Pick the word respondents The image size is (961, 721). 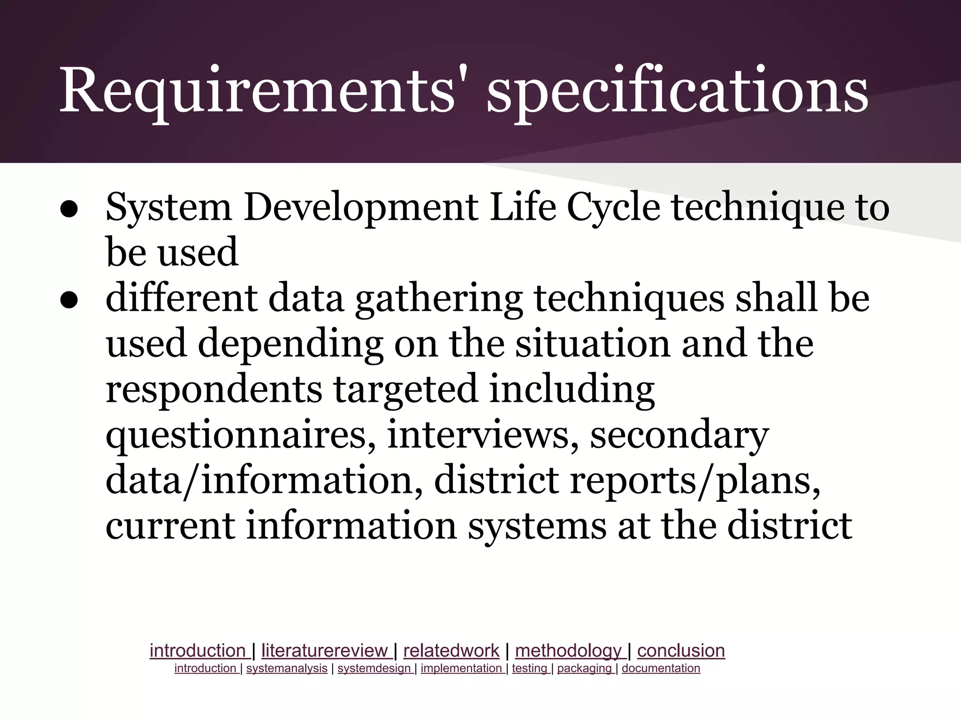(x=214, y=390)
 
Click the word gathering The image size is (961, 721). (x=439, y=299)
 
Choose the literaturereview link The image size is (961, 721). (x=325, y=651)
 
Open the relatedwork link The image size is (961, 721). (x=451, y=651)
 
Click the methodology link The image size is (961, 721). (x=568, y=651)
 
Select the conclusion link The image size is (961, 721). (x=681, y=651)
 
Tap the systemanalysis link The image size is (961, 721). (x=287, y=668)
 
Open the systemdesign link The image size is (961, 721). (x=374, y=668)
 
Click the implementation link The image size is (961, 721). (x=461, y=668)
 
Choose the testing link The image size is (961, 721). (x=530, y=668)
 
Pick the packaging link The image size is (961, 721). (x=585, y=668)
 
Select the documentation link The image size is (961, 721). (x=661, y=668)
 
